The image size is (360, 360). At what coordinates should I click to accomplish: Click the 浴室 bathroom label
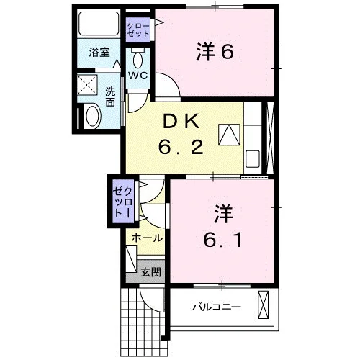coord(99,53)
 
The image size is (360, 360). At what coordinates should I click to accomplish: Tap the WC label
coord(138,76)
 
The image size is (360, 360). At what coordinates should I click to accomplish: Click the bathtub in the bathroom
coord(99,23)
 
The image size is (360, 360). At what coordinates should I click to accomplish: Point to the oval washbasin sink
coord(93,116)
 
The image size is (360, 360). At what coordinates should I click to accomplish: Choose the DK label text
coord(181,121)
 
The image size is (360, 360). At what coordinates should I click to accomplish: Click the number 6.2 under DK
coord(181,147)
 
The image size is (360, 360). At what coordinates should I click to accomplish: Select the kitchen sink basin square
coord(253,158)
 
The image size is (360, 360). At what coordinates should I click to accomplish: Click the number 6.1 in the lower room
coord(222,240)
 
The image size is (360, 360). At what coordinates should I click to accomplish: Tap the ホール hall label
coord(147,238)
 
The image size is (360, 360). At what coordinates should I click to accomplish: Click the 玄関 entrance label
coord(150,272)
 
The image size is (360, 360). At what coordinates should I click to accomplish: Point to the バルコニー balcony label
coord(217,307)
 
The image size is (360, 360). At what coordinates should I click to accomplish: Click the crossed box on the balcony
coord(264,305)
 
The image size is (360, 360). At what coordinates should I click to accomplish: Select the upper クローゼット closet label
coord(138,30)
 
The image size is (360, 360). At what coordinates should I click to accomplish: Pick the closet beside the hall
coord(123,202)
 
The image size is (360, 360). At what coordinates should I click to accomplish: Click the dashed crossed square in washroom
coord(87,85)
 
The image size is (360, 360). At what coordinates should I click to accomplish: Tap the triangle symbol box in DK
coord(229,135)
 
